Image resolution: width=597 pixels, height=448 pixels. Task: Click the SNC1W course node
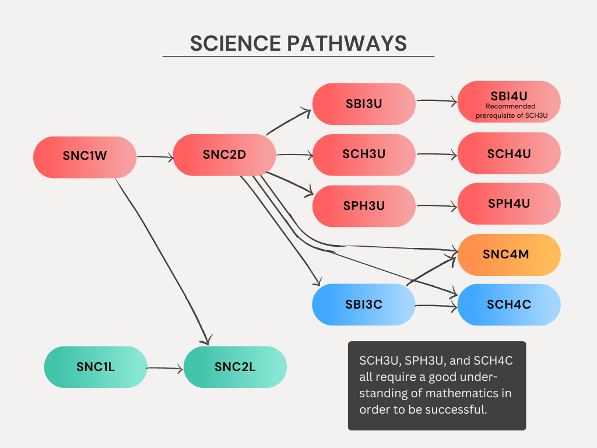point(85,157)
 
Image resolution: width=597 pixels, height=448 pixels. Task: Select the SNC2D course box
point(224,155)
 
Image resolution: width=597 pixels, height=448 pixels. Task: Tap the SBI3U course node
point(363,104)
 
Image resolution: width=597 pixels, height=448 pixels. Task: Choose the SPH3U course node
point(363,206)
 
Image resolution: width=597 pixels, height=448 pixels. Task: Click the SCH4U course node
point(509,154)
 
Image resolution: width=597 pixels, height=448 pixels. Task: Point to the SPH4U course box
point(509,204)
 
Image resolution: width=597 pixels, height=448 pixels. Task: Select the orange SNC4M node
point(509,255)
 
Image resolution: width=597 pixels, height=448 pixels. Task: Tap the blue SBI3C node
point(363,304)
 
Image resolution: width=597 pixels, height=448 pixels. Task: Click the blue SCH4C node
point(509,304)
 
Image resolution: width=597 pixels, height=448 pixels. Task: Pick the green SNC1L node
point(96,367)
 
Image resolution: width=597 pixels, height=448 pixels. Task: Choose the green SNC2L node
point(235,367)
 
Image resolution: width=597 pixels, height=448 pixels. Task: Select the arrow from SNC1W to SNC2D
point(154,156)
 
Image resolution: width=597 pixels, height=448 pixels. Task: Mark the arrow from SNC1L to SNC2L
point(165,368)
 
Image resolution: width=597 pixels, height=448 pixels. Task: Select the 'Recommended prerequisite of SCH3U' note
point(510,111)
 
